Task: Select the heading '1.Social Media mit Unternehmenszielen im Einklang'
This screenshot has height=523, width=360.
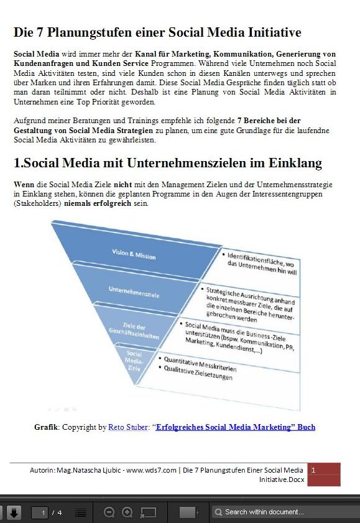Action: tap(167, 164)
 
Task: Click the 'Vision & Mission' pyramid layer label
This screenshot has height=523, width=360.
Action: tap(134, 254)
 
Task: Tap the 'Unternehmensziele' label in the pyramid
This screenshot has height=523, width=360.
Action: tap(132, 290)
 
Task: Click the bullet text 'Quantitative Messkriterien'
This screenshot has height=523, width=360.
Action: tap(200, 364)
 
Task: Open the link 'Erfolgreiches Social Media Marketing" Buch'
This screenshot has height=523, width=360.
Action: tap(236, 427)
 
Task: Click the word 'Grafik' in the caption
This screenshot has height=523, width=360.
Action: tap(46, 427)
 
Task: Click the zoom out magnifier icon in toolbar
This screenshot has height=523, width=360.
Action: tap(109, 512)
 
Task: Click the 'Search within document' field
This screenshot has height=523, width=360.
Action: tap(286, 512)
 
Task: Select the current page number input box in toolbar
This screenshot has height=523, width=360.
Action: tap(42, 512)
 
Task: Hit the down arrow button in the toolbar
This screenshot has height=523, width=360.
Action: tap(14, 512)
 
